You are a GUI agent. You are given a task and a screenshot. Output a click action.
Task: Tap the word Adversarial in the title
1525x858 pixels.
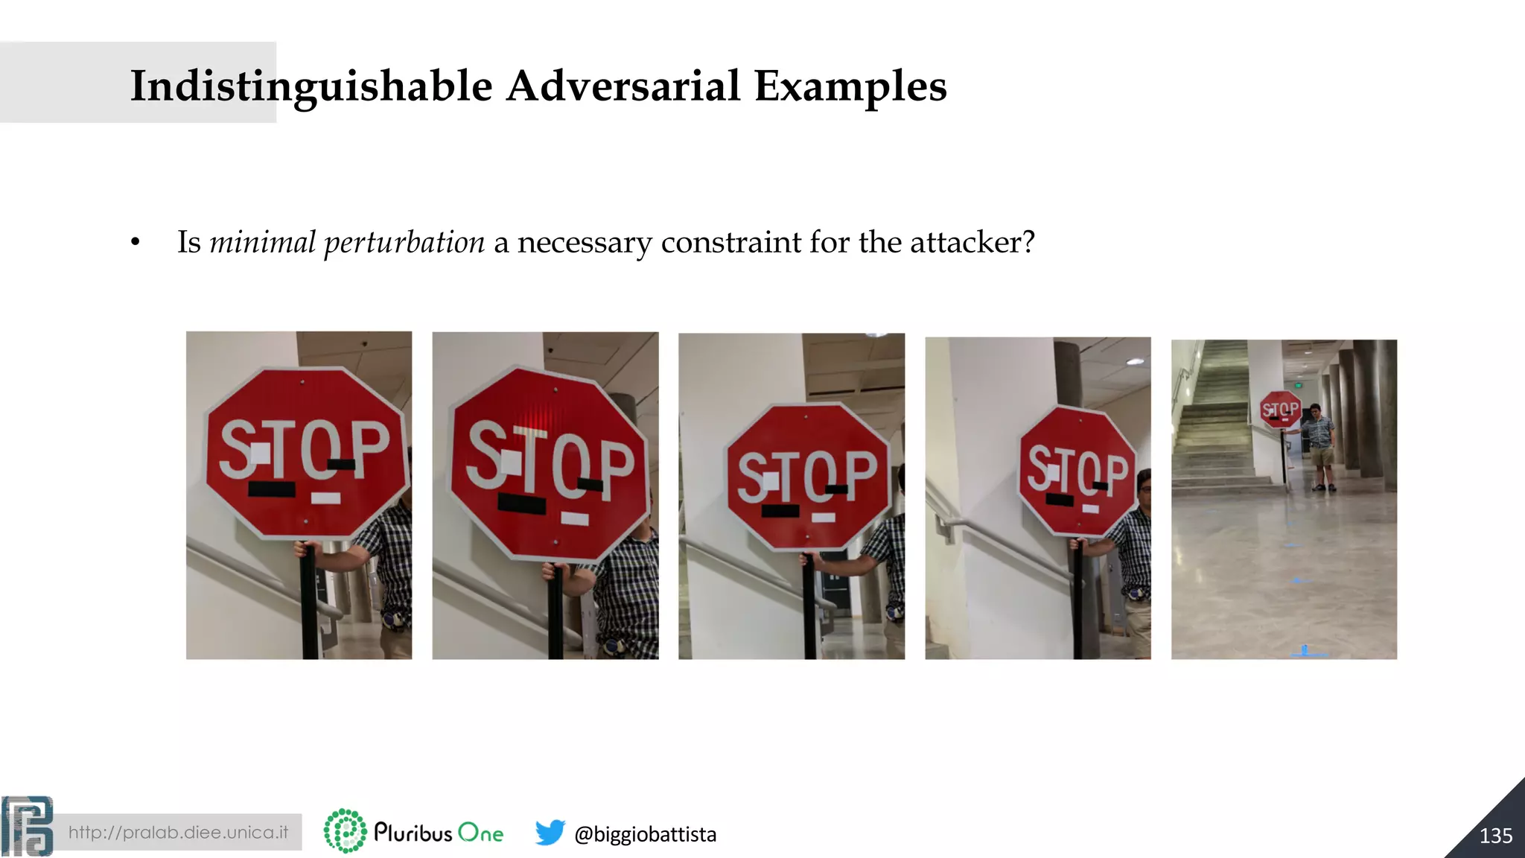click(x=623, y=86)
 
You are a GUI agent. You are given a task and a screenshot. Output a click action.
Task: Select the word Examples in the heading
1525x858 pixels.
click(x=850, y=86)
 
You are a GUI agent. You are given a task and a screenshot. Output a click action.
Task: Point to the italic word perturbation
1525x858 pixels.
click(x=404, y=243)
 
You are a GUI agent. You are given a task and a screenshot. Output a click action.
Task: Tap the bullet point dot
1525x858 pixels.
click(x=135, y=243)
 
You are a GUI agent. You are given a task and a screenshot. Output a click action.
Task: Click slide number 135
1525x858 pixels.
click(x=1495, y=836)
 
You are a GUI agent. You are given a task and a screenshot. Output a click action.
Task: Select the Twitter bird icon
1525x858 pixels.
click(x=550, y=832)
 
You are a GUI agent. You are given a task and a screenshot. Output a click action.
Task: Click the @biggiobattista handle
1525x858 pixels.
click(x=645, y=834)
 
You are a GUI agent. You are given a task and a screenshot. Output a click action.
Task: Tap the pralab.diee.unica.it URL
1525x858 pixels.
click(x=178, y=832)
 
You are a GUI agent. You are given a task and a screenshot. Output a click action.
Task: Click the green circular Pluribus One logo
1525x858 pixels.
click(x=345, y=830)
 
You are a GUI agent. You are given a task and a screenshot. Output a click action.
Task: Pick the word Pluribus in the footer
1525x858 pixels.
click(x=413, y=832)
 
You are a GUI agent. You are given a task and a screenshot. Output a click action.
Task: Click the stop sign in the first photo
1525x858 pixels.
click(x=306, y=453)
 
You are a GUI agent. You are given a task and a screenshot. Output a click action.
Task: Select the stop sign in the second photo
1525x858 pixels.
click(x=550, y=463)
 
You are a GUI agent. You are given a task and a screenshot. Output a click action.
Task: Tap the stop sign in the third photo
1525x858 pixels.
click(x=808, y=477)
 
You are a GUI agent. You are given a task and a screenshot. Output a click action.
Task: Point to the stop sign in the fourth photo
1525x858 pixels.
click(x=1077, y=471)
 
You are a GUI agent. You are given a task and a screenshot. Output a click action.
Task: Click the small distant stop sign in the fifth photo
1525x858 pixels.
click(x=1279, y=409)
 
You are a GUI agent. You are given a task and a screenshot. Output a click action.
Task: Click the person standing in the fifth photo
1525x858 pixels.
click(x=1319, y=447)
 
